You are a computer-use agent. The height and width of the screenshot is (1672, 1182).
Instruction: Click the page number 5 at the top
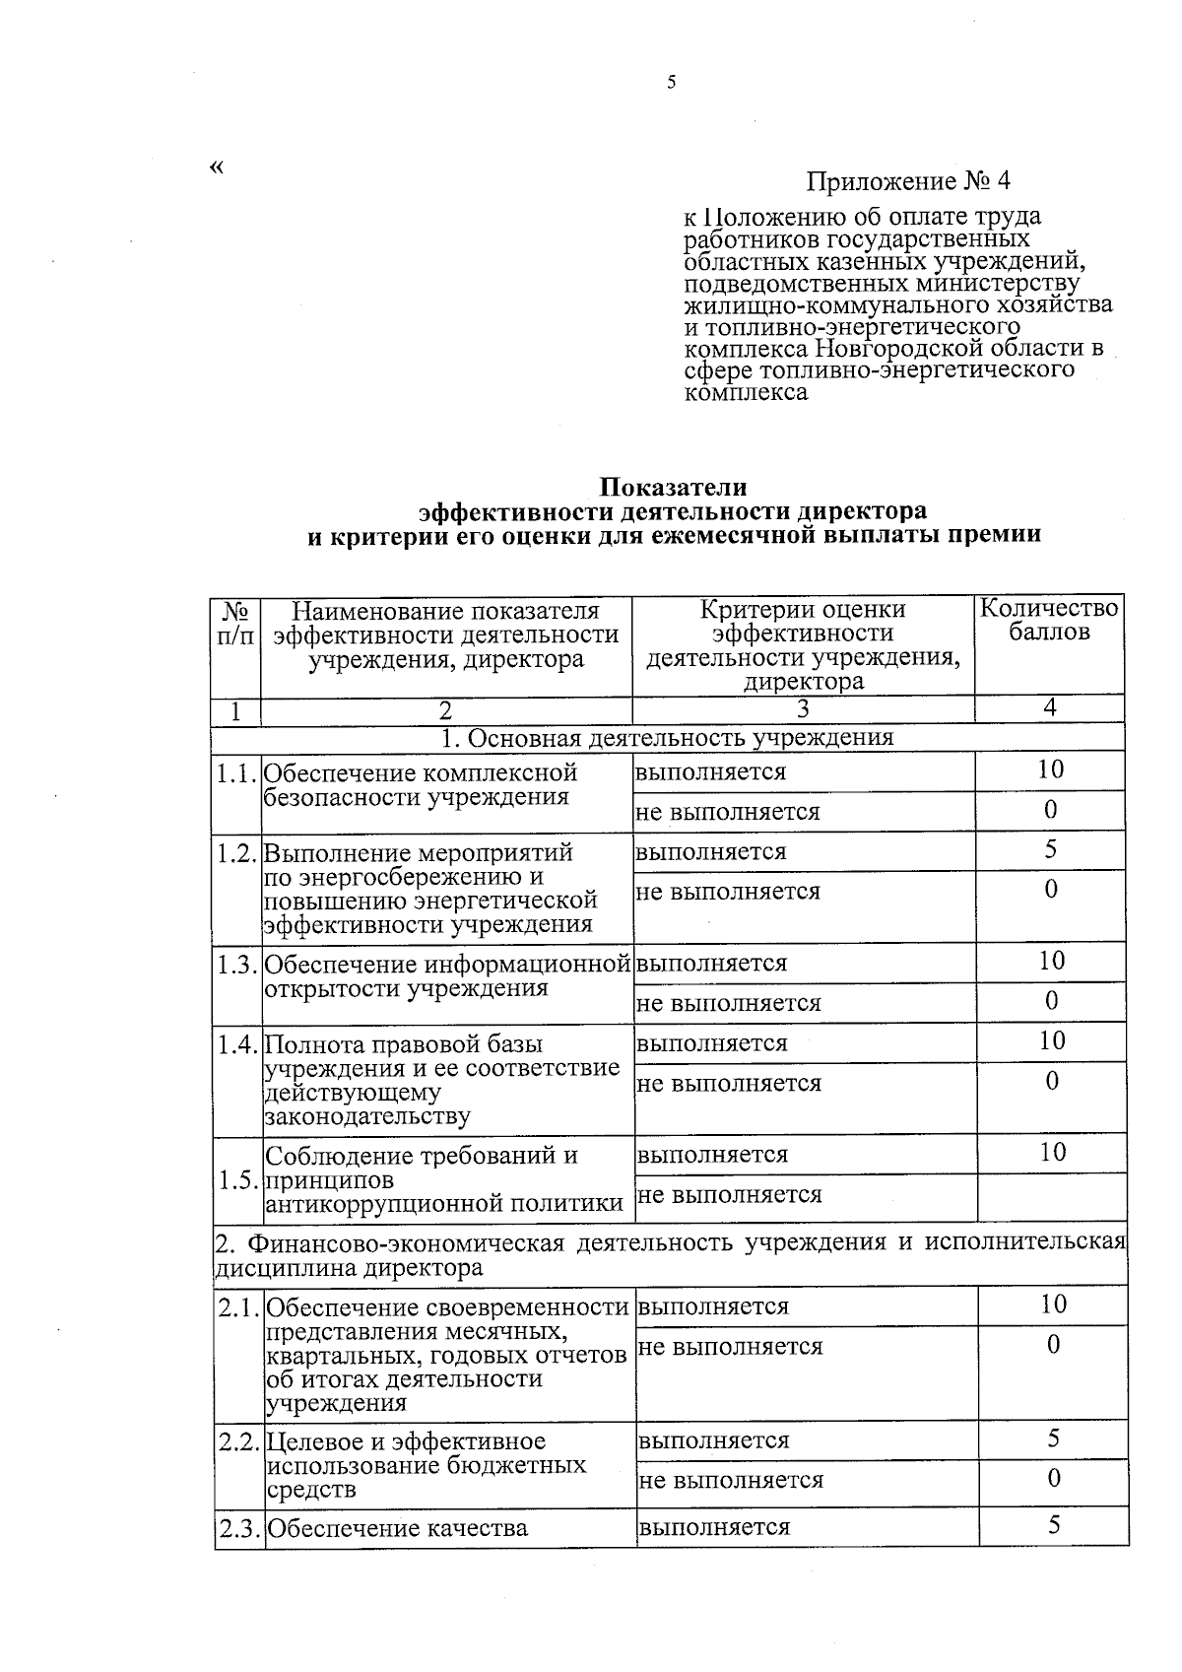[671, 83]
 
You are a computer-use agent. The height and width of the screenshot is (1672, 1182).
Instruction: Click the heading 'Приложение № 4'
[908, 181]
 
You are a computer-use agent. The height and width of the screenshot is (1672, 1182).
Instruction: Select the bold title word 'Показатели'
[674, 487]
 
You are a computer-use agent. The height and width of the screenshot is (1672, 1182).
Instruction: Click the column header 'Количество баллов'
[1049, 620]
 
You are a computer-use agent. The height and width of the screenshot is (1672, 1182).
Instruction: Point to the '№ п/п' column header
[235, 623]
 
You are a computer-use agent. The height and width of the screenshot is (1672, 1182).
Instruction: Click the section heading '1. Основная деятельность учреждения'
[667, 738]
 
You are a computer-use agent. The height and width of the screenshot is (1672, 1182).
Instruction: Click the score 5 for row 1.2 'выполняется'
[1051, 849]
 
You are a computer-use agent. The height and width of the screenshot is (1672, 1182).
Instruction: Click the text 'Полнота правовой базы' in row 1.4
[404, 1044]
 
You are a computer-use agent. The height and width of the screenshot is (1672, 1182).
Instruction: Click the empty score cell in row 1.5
[1051, 1195]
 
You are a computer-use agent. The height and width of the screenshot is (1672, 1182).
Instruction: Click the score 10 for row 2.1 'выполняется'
[1053, 1304]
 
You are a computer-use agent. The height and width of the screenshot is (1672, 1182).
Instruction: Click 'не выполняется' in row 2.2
[730, 1480]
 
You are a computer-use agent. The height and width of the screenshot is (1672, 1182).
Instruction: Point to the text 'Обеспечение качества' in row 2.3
[397, 1528]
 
